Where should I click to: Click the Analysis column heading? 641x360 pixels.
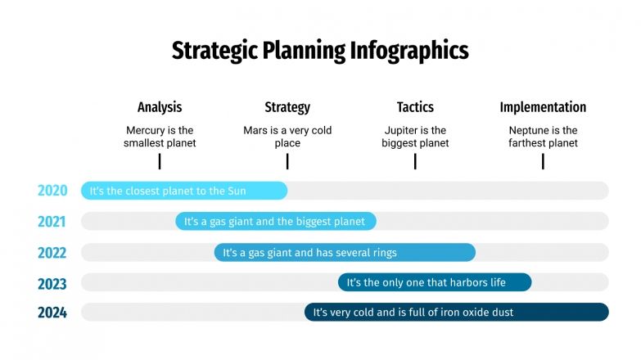pyautogui.click(x=160, y=107)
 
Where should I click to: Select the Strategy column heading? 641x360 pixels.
pyautogui.click(x=287, y=107)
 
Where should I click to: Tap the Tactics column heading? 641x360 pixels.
pyautogui.click(x=415, y=107)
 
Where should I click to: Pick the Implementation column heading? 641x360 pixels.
pyautogui.click(x=543, y=107)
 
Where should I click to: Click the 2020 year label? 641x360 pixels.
pyautogui.click(x=52, y=191)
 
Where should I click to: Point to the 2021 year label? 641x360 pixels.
pyautogui.click(x=52, y=222)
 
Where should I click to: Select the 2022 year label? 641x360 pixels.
pyautogui.click(x=52, y=253)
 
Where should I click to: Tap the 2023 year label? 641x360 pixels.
pyautogui.click(x=52, y=283)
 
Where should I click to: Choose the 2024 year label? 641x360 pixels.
pyautogui.click(x=52, y=313)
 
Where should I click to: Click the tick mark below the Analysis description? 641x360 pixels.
pyautogui.click(x=160, y=162)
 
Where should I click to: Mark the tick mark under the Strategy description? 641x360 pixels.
pyautogui.click(x=287, y=162)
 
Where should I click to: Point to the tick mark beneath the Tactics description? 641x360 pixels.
pyautogui.click(x=415, y=162)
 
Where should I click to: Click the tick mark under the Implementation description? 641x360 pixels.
pyautogui.click(x=543, y=162)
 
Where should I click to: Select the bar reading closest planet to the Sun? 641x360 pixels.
pyautogui.click(x=184, y=191)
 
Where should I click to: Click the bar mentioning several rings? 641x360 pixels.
pyautogui.click(x=345, y=253)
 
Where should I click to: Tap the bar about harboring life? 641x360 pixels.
pyautogui.click(x=435, y=282)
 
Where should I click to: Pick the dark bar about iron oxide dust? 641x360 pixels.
pyautogui.click(x=457, y=313)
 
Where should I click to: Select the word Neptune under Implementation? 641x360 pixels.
pyautogui.click(x=528, y=130)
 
